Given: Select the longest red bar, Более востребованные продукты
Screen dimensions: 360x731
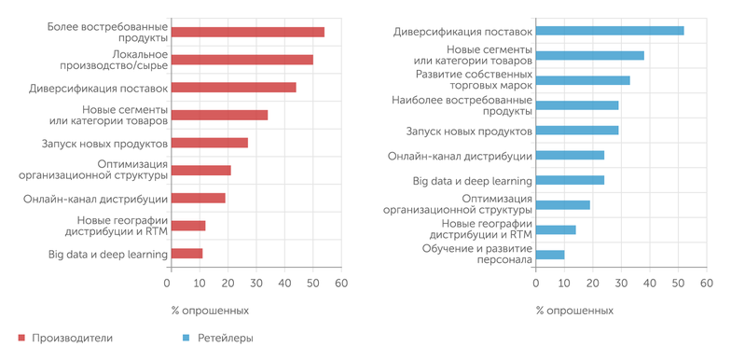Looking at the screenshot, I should [x=246, y=32].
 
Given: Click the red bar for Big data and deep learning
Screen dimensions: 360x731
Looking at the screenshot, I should [x=185, y=254].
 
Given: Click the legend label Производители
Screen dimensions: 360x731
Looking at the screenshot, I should [x=72, y=338].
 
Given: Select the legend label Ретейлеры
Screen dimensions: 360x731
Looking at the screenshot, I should [x=227, y=338].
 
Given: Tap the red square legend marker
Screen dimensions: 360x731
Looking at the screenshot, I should [x=21, y=338].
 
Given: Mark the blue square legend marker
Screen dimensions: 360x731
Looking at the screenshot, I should [x=186, y=338].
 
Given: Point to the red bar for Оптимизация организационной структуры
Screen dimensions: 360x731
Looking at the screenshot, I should [x=200, y=171].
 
